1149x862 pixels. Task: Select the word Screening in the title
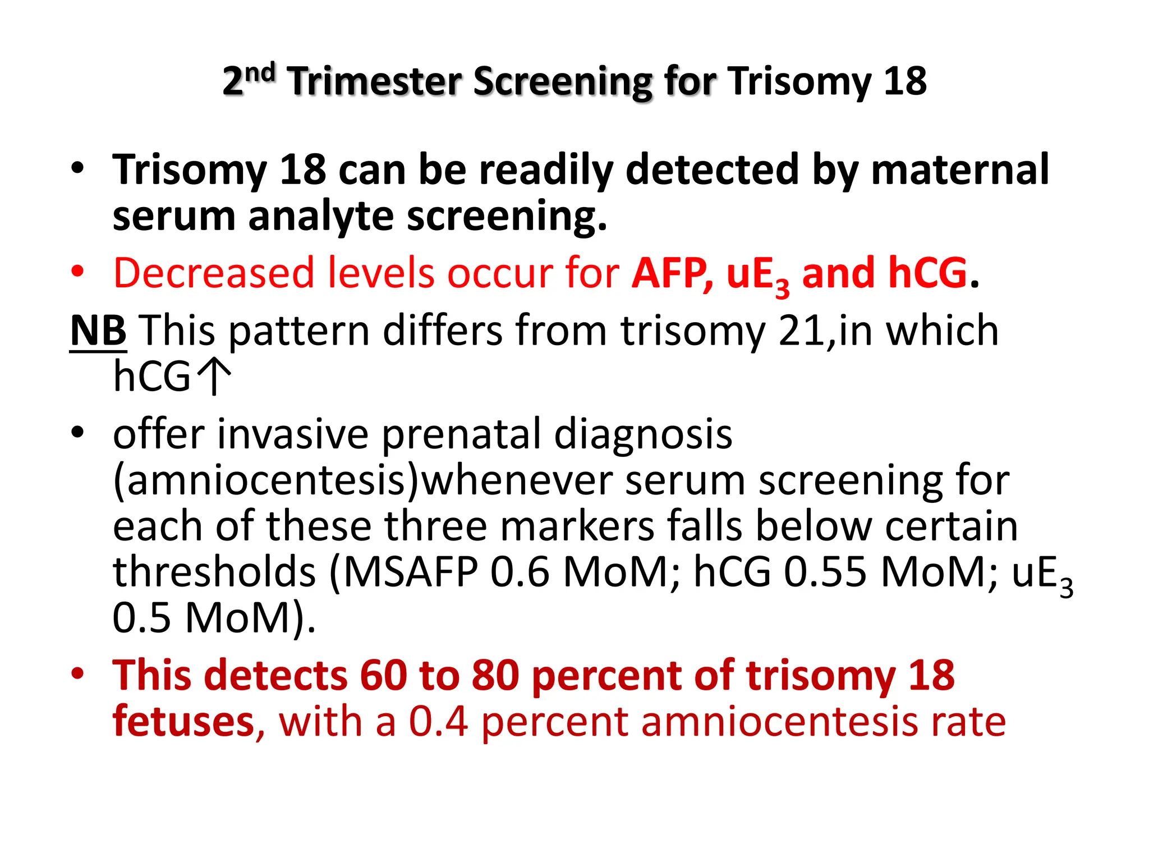click(563, 82)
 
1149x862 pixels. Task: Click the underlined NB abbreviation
click(98, 331)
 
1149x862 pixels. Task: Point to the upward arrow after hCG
click(214, 376)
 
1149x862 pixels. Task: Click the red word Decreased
click(213, 273)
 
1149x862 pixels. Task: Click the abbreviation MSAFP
click(411, 573)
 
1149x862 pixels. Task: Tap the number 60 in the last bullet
click(383, 675)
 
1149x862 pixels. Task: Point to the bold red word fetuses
click(183, 722)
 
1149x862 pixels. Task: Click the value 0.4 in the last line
click(438, 722)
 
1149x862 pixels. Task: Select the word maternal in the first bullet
click(959, 169)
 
